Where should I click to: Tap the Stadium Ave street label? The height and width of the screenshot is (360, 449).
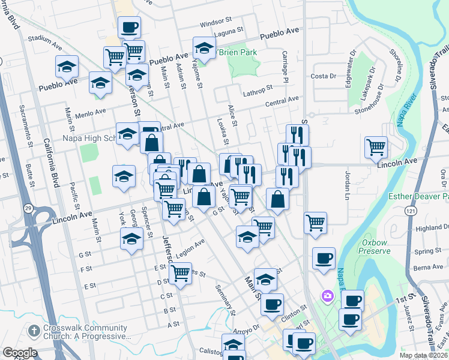[x=46, y=41]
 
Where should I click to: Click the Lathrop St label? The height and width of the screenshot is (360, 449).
[x=258, y=93]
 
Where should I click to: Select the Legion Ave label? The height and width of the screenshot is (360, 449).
[x=191, y=246]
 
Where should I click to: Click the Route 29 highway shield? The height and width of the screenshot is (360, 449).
[x=28, y=208]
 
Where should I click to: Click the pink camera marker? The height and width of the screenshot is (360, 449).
[x=328, y=295]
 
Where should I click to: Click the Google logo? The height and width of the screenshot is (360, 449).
[x=20, y=353]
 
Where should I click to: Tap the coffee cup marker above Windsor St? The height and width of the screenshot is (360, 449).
[x=130, y=26]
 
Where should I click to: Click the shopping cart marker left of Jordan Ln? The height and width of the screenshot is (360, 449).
[x=376, y=146]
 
